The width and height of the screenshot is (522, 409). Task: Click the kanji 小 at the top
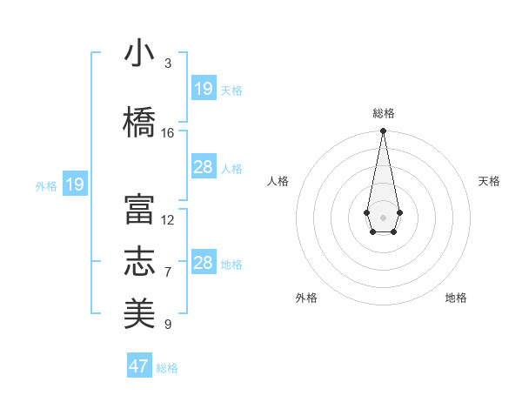[139, 54]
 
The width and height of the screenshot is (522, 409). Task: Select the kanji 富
[139, 211]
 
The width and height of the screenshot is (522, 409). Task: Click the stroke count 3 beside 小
[168, 64]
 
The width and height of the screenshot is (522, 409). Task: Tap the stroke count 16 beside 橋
[168, 133]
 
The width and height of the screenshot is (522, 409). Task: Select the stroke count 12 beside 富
[168, 220]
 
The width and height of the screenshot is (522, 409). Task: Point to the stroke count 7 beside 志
[168, 272]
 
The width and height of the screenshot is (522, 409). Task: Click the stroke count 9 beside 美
[168, 325]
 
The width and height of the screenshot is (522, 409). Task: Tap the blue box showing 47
[139, 366]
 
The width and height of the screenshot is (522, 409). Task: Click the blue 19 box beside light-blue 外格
[74, 184]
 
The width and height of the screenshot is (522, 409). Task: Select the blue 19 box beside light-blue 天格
[204, 89]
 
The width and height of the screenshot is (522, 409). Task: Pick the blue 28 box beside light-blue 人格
[204, 167]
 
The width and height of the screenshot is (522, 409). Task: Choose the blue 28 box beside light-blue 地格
[204, 263]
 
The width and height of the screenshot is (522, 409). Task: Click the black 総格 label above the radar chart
[384, 113]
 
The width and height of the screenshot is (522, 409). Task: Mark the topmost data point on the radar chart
[383, 131]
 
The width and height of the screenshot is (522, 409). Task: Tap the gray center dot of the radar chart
[383, 216]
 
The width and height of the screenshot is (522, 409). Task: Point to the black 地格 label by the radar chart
[456, 298]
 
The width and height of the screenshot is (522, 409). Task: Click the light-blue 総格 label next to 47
[168, 368]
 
